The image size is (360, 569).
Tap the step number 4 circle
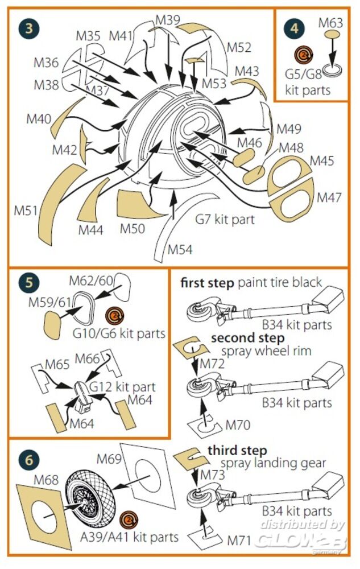[293, 27]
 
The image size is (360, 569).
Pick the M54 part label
[180, 249]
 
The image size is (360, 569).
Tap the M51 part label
[26, 211]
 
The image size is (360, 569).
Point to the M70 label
[238, 425]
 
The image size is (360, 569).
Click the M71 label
[237, 539]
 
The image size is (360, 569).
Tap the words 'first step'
[207, 283]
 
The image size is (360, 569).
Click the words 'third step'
[237, 451]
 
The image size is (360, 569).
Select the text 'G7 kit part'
[225, 218]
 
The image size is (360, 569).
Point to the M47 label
[329, 198]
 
